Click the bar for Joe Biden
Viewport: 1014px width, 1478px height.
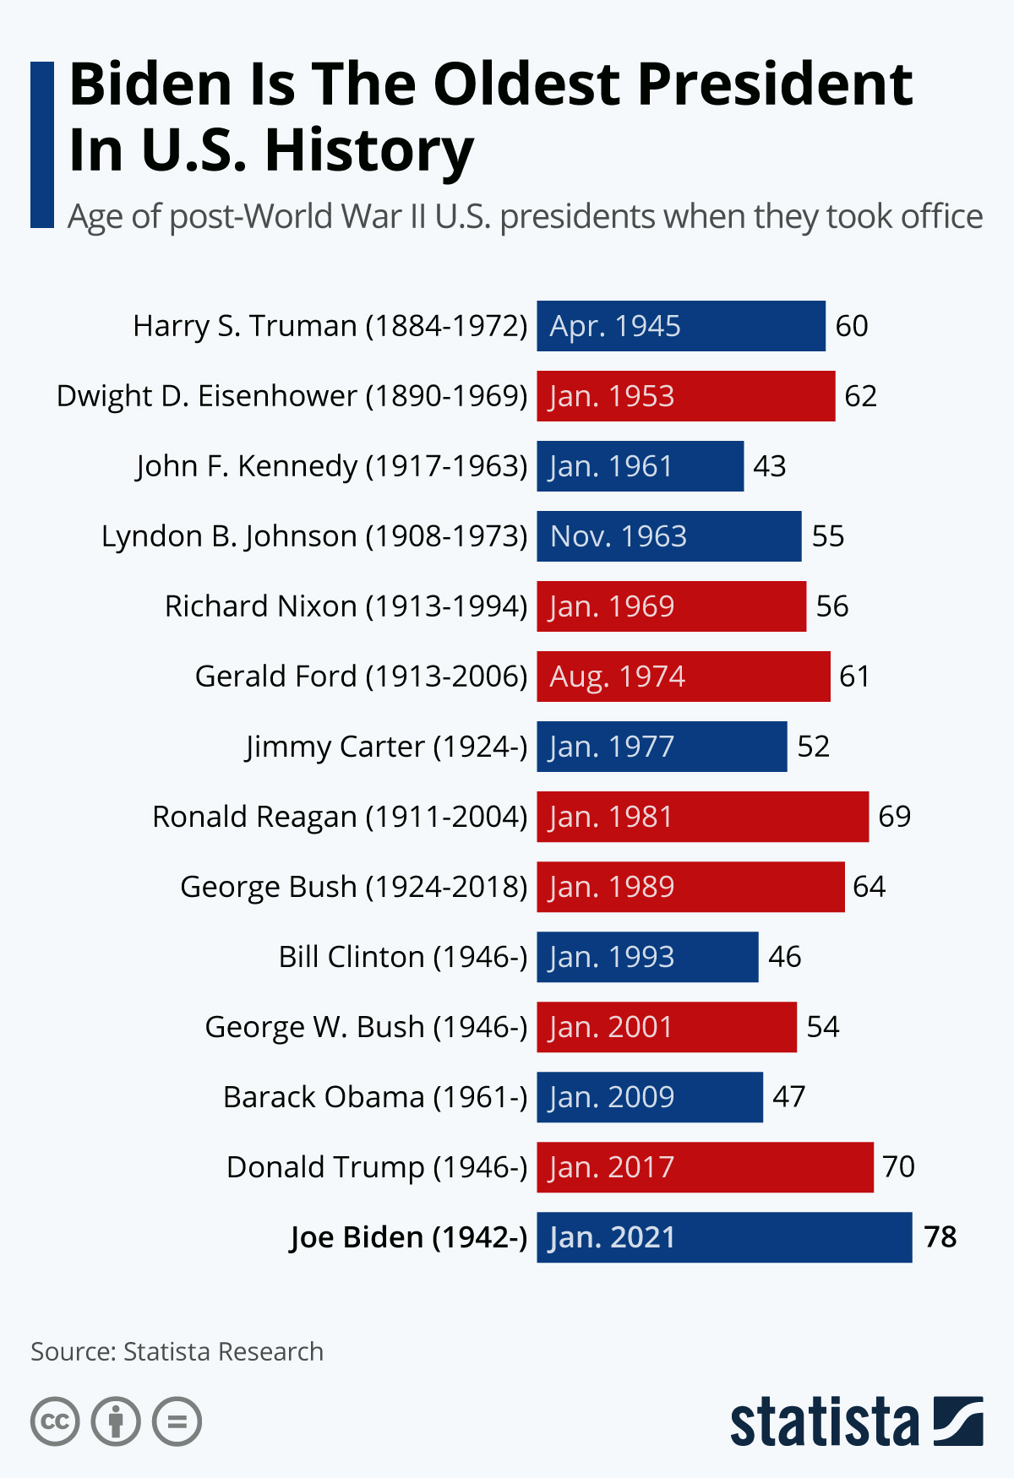[x=724, y=1237]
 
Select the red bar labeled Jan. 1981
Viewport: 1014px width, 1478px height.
[x=702, y=817]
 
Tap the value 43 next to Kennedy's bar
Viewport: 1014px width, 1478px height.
[x=769, y=466]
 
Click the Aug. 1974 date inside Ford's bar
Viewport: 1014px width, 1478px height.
[x=617, y=677]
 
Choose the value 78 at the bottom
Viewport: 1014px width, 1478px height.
[x=940, y=1237]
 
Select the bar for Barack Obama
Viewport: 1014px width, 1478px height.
[x=649, y=1097]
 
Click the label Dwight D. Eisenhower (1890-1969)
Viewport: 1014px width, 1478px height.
[x=292, y=396]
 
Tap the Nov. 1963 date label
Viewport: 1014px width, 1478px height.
[x=618, y=536]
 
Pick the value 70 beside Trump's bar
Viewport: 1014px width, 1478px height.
[x=898, y=1167]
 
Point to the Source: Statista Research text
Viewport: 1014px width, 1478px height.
[x=177, y=1351]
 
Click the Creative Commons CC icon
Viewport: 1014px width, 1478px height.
[x=55, y=1421]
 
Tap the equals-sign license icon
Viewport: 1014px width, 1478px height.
[x=177, y=1421]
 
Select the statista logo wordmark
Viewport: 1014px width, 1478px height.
[x=824, y=1423]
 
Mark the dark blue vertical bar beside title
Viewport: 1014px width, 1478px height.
[x=41, y=144]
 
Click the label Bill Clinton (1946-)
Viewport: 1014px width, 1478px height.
[x=402, y=957]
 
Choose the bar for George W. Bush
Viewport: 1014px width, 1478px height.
[x=666, y=1027]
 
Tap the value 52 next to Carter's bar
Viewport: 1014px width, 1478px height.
[x=813, y=747]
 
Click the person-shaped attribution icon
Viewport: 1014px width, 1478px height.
[x=116, y=1421]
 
